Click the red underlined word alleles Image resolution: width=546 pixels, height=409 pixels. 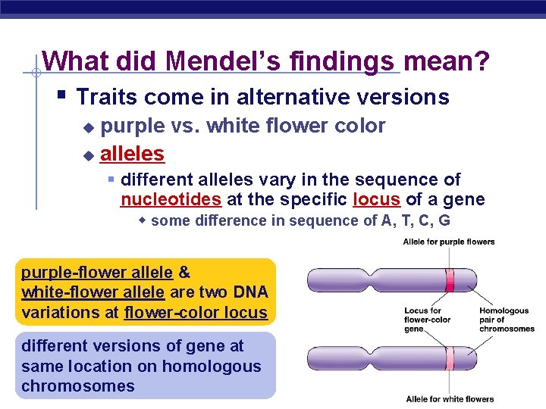132,154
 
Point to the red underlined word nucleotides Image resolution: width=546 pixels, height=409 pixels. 171,199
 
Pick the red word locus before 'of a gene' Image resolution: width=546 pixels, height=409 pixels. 378,199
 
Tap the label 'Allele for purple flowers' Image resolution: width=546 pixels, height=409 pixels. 448,242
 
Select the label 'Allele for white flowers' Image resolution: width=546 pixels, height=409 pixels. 450,399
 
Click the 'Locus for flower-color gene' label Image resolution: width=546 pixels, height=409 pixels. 427,320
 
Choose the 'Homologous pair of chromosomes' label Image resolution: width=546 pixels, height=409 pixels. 507,320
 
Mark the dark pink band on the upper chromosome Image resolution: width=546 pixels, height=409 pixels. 450,279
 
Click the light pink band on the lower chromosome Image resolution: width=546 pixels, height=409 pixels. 450,357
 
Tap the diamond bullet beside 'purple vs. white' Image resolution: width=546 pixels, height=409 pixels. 87,127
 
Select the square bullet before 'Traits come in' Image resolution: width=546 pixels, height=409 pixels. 62,95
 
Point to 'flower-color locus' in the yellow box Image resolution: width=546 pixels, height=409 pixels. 195,312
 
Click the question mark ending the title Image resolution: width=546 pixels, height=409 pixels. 481,61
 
